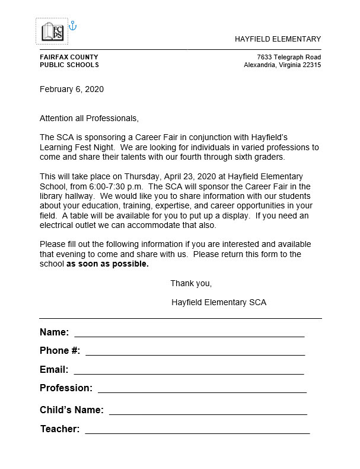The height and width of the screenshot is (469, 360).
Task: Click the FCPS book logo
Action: pyautogui.click(x=52, y=31)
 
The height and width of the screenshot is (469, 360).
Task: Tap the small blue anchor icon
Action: pyautogui.click(x=74, y=26)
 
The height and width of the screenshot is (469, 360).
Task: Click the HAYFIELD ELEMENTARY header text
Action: pyautogui.click(x=278, y=39)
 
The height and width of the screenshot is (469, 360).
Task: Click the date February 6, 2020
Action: pyautogui.click(x=72, y=90)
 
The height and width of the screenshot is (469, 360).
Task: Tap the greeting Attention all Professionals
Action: pyautogui.click(x=89, y=118)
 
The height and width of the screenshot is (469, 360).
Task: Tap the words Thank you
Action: pyautogui.click(x=191, y=283)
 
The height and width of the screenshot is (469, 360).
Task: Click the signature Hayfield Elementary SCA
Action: pyautogui.click(x=219, y=302)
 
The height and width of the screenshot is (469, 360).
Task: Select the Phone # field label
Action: pyautogui.click(x=60, y=351)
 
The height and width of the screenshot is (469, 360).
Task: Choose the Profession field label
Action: pyautogui.click(x=66, y=388)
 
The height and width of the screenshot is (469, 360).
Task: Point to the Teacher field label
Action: pyautogui.click(x=60, y=429)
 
